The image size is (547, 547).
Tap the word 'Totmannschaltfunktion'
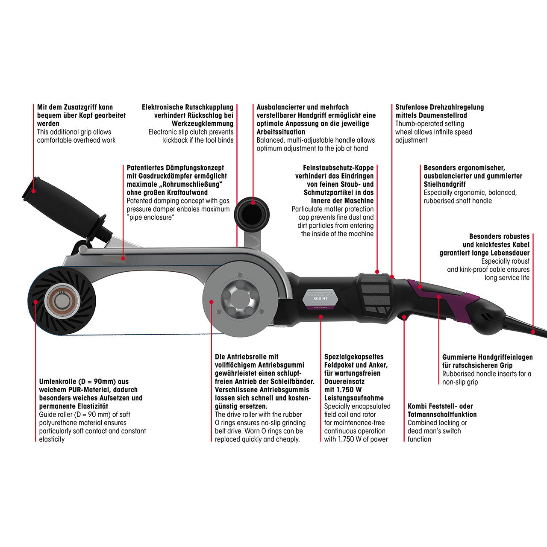[442, 415]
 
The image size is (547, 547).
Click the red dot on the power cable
[532, 331]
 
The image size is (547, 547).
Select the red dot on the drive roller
[212, 301]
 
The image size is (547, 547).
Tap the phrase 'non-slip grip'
[460, 382]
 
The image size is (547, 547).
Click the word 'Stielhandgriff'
[444, 184]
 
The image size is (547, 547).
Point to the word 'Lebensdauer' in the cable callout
[509, 253]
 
